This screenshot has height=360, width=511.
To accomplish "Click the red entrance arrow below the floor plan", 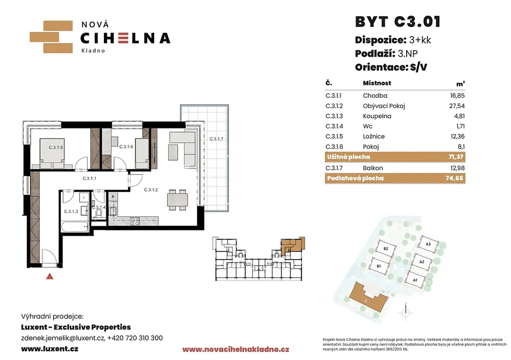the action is pos(49,276).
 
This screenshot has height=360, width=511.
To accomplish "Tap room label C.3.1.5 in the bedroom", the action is pos(56,147).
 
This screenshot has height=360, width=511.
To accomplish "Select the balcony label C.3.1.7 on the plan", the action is pos(216,139).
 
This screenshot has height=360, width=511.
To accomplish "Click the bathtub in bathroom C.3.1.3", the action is pos(75,227).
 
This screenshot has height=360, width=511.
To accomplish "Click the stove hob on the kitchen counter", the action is pos(135,221).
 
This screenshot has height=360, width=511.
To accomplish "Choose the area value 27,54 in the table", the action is pos(457,106).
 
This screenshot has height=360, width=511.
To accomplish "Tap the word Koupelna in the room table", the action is pos(377,116).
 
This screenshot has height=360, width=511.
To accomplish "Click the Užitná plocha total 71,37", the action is pos(456,157).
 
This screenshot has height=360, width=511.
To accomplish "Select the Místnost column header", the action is pos(377,83).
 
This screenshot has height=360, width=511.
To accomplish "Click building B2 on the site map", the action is pos(386,249).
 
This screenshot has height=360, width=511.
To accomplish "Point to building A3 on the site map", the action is pos(428,244).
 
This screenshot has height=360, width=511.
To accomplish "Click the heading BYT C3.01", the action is pos(398,22).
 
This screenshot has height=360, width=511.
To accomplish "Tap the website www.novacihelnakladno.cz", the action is pos(236,350).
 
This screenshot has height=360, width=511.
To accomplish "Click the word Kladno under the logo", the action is pos(93,50).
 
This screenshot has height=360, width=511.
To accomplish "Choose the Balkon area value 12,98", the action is pos(457,168).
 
